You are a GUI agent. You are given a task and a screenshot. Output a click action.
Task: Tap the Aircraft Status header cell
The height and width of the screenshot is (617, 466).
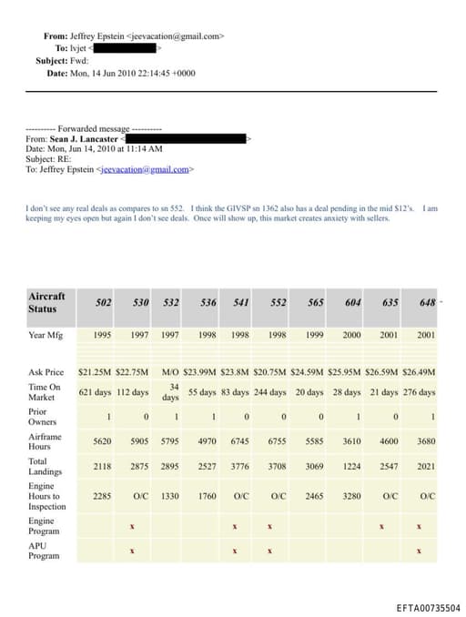point(47,302)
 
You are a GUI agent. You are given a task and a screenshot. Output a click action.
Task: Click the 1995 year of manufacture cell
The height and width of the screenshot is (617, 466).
point(102,335)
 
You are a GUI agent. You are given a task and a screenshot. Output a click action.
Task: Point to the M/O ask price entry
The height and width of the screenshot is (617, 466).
point(170,372)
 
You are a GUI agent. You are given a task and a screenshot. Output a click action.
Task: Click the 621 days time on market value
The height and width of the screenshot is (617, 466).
point(95,392)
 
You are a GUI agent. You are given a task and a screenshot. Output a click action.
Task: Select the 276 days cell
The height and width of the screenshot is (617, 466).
point(419,392)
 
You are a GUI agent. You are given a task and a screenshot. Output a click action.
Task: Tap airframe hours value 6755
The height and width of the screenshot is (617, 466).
point(279,441)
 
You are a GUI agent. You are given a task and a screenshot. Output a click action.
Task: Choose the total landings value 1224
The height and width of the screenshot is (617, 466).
point(351,467)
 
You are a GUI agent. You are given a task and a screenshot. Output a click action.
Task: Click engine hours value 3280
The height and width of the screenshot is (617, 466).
point(351,496)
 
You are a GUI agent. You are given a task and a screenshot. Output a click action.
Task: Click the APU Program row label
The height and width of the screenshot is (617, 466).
point(44,550)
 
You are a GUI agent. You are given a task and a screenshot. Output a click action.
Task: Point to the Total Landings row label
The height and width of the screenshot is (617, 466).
point(45,467)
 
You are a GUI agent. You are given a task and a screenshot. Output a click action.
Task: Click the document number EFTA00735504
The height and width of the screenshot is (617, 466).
point(428,608)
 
